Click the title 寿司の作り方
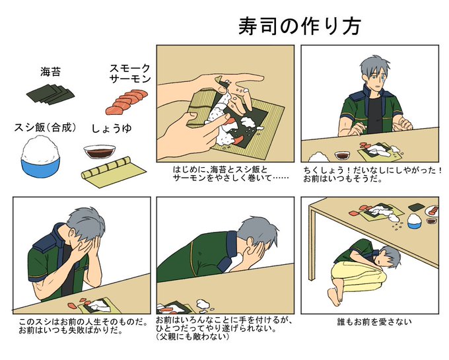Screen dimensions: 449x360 (300, 26)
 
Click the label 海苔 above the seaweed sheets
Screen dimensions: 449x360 (50, 72)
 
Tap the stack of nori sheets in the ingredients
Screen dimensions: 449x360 (50, 94)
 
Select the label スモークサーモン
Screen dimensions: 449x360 (130, 73)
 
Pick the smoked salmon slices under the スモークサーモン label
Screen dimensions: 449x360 (127, 102)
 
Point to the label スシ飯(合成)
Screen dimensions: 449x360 (46, 127)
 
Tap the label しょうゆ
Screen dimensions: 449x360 (112, 129)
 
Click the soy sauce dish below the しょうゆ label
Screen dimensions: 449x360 (99, 152)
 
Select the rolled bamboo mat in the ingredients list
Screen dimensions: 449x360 (114, 172)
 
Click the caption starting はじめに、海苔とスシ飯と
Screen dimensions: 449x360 (230, 174)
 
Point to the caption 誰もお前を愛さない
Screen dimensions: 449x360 (374, 322)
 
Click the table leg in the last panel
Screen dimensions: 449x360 (312, 244)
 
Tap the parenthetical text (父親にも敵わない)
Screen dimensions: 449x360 (193, 336)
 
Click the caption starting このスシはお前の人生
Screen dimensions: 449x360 (83, 326)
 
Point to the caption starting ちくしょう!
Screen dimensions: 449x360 (373, 174)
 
